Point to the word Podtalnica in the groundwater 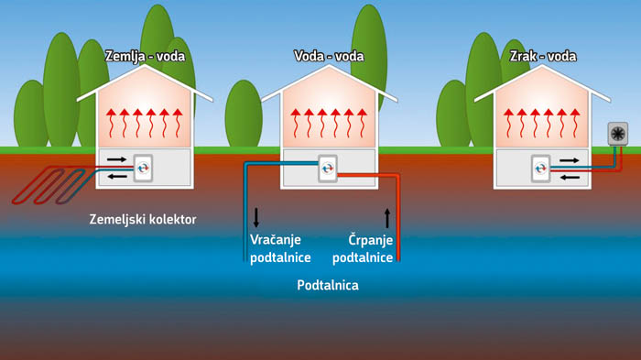tap(328, 286)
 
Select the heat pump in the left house tap(144, 168)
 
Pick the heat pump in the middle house tap(328, 168)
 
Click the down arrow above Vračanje tap(256, 217)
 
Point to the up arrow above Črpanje tap(386, 217)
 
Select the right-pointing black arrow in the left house tap(118, 159)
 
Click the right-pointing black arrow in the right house tap(568, 159)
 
